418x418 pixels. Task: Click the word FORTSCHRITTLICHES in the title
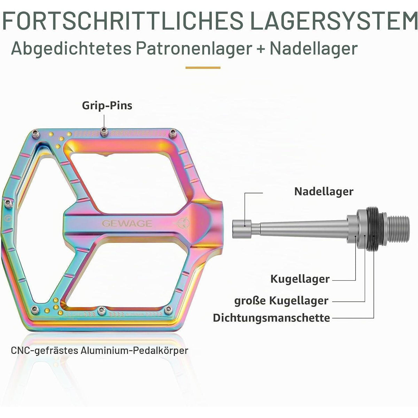tap(123, 22)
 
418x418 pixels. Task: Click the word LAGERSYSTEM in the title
tap(334, 22)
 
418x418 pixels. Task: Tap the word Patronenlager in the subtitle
tap(194, 49)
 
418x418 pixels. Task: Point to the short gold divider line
tap(203, 68)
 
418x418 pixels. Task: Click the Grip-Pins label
tap(107, 106)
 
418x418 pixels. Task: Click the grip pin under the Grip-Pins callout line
tap(104, 132)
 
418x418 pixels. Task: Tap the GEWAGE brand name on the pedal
tap(127, 223)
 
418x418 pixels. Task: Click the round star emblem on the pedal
tap(182, 223)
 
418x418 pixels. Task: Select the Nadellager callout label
tap(324, 191)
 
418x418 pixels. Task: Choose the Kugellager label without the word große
tap(300, 279)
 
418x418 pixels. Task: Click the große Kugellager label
tap(281, 301)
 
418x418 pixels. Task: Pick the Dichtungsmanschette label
tap(271, 318)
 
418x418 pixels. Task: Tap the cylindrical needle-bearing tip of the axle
tap(242, 229)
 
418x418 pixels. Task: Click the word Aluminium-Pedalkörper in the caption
tap(134, 350)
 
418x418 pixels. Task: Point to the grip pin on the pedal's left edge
tap(8, 203)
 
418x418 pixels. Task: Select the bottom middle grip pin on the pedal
tap(101, 311)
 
